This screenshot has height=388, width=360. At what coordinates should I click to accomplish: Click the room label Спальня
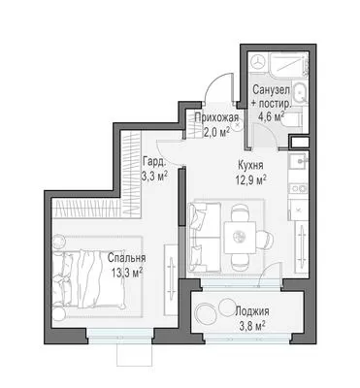[126, 258]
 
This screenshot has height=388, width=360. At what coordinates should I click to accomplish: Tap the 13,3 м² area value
[127, 274]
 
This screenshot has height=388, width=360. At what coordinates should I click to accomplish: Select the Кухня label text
[250, 165]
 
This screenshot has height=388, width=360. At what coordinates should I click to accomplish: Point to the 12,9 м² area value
[251, 179]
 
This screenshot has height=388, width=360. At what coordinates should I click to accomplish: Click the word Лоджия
[252, 311]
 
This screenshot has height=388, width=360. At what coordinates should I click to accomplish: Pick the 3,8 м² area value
[252, 326]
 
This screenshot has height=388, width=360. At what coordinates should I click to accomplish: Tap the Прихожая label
[216, 118]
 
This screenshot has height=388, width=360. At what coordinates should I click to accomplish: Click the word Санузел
[271, 89]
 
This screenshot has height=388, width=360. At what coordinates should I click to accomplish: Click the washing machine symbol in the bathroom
[258, 61]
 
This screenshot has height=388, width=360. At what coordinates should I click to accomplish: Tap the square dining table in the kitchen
[240, 238]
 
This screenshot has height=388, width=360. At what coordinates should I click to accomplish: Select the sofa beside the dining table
[205, 237]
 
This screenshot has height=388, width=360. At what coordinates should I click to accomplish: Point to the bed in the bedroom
[89, 278]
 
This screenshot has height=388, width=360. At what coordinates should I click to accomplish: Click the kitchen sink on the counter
[298, 162]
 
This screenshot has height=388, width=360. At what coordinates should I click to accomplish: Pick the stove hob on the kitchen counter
[298, 188]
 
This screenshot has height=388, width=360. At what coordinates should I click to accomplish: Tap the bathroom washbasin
[300, 93]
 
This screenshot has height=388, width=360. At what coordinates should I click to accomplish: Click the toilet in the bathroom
[294, 119]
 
